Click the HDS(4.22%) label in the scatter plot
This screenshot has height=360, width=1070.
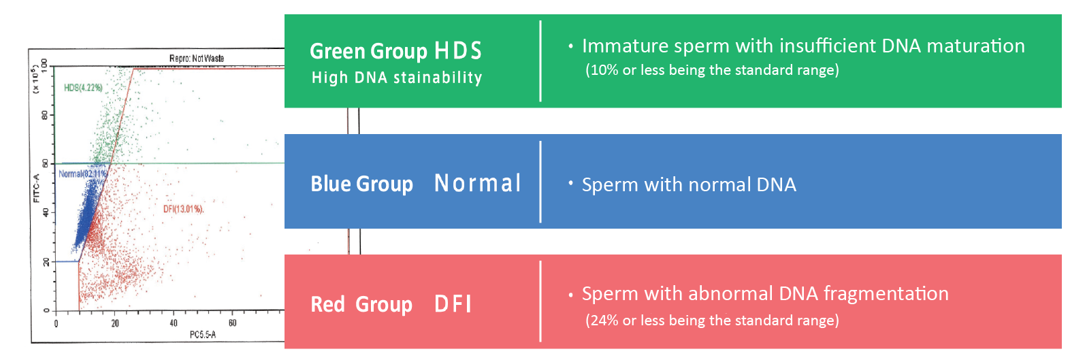click(83, 88)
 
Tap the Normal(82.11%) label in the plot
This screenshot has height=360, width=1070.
click(82, 174)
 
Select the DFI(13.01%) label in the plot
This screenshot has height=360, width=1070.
click(183, 209)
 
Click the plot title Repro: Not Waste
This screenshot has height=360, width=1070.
click(196, 59)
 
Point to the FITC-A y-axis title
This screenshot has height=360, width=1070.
click(37, 189)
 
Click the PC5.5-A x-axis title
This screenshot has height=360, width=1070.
click(203, 335)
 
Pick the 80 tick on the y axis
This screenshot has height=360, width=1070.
click(45, 115)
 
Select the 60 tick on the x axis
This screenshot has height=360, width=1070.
click(232, 323)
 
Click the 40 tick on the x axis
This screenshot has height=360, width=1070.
click(174, 323)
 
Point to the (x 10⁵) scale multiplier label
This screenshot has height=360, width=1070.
click(36, 79)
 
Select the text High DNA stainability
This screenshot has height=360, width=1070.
click(397, 78)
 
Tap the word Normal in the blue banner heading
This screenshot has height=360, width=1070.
click(478, 183)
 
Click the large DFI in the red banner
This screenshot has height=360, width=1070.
click(453, 304)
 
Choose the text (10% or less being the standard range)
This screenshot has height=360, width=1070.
click(712, 70)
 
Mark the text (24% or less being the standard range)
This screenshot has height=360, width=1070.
click(712, 321)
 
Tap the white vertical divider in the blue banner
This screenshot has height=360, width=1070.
click(540, 182)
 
